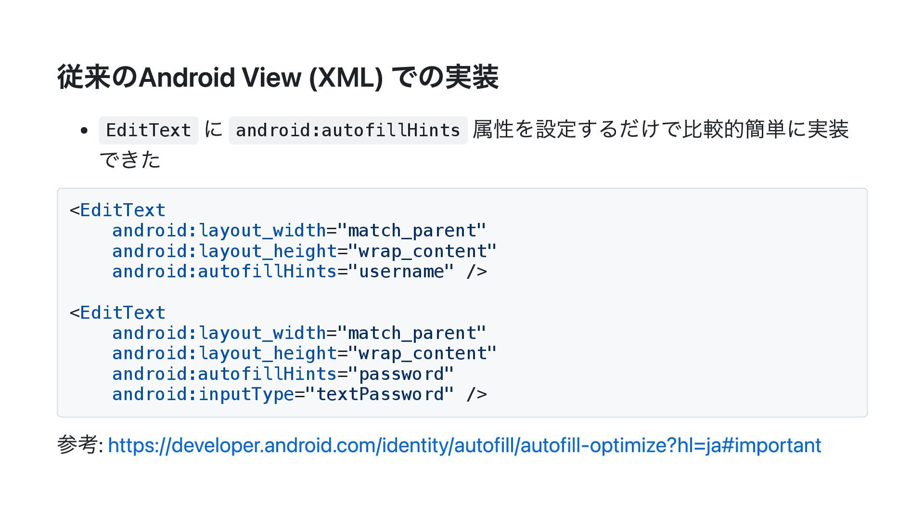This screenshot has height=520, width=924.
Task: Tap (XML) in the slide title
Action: click(346, 77)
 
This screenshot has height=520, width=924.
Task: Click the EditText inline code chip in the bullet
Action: click(148, 130)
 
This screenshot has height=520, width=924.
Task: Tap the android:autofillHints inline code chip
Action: click(348, 130)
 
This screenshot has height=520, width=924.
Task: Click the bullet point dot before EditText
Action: click(85, 130)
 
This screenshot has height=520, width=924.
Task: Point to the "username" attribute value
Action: click(401, 272)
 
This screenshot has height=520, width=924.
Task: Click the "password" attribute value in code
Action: click(401, 374)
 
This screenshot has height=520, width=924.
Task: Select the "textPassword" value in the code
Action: click(380, 394)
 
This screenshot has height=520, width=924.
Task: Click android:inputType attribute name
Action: click(203, 394)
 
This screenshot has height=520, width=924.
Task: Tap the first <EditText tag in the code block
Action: click(118, 210)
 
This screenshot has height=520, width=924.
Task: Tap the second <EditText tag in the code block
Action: click(118, 313)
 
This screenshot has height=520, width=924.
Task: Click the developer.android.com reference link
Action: click(464, 445)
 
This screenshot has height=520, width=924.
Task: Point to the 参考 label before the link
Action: click(77, 444)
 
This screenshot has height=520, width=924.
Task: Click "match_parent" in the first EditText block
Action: click(412, 231)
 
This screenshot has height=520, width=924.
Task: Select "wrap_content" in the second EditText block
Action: click(423, 353)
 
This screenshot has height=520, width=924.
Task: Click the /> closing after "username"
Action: click(476, 272)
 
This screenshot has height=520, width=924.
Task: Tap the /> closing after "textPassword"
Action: click(476, 394)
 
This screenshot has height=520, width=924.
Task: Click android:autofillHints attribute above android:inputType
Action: click(224, 374)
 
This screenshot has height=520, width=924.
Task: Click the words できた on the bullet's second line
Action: click(130, 159)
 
